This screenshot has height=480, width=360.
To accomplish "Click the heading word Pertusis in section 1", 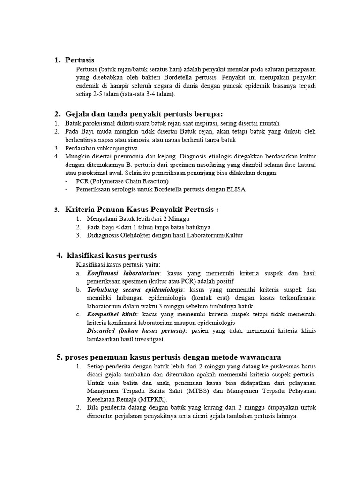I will pos(80,60).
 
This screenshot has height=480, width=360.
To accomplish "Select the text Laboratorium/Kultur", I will pos(216,235).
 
